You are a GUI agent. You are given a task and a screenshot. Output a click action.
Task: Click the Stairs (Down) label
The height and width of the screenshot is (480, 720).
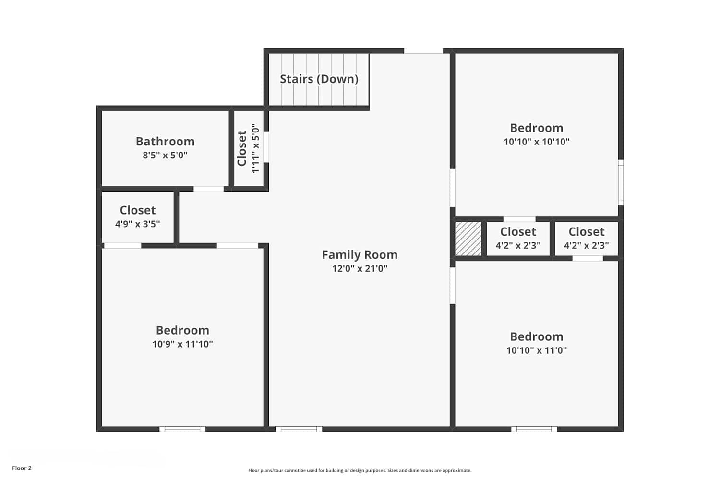319,79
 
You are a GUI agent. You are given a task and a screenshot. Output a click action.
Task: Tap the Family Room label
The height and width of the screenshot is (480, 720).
360,255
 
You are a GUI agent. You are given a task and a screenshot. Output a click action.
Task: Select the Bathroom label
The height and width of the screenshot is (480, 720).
165,142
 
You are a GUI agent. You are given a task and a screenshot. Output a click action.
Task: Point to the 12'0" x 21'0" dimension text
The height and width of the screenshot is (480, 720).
360,268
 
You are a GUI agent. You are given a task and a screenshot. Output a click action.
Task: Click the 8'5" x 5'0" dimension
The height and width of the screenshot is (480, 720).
165,156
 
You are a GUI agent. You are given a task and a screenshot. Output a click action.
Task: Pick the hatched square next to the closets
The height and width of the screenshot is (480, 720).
468,239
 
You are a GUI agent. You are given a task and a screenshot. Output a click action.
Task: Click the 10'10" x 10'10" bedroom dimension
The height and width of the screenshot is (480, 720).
537,142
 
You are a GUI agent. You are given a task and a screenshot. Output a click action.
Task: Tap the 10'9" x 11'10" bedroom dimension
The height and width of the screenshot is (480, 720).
182,344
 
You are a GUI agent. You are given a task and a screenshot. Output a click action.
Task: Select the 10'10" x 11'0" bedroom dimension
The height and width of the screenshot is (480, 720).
537,350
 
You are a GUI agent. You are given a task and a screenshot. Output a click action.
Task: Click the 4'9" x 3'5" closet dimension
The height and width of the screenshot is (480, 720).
138,224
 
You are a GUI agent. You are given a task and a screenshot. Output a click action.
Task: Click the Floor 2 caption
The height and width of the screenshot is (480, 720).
22,468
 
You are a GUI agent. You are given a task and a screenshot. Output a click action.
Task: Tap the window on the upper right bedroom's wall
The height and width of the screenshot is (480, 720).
621,182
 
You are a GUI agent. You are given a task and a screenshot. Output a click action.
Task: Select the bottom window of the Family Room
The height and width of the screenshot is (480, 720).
299,429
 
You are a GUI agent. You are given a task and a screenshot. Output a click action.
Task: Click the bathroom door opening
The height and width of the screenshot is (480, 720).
209,189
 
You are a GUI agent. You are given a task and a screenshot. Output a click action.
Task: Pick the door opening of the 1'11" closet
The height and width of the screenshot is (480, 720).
266,146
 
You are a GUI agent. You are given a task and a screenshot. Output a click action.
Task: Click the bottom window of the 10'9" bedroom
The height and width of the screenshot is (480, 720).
182,429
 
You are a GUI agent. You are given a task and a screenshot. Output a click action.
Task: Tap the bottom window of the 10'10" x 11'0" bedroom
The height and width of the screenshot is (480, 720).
534,429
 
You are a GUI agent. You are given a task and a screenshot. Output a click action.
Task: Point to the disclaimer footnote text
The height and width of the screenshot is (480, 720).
360,471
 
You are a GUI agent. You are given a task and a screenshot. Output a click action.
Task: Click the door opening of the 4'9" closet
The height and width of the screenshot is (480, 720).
123,246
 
